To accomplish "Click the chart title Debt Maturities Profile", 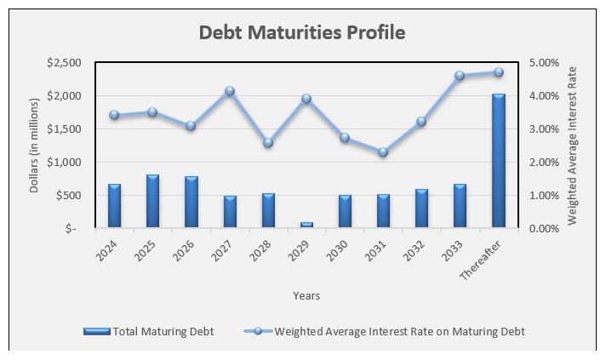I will click(x=302, y=33).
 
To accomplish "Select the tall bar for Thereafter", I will click(x=498, y=161).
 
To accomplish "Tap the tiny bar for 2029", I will click(x=306, y=225).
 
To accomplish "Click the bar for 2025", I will click(x=152, y=202).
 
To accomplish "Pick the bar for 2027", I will click(x=230, y=212).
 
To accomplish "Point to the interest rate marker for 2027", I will click(x=230, y=91).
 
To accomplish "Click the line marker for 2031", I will click(x=383, y=152).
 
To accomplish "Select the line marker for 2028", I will click(x=268, y=143).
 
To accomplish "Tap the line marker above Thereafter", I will click(x=499, y=72).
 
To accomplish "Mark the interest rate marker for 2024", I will click(x=114, y=115).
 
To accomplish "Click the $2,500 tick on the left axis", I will click(x=66, y=63).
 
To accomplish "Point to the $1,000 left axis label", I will click(x=66, y=163).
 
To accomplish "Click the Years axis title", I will click(x=306, y=295).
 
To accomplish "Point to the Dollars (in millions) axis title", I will click(x=35, y=145).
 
